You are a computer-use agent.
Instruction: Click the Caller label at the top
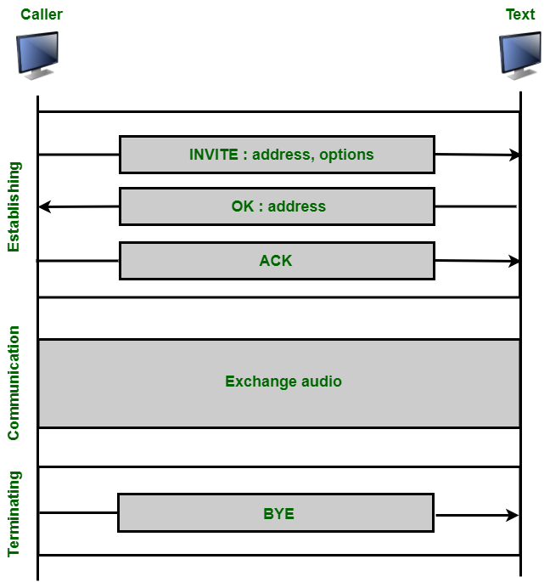[x=42, y=14]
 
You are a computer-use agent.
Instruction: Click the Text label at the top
[x=520, y=14]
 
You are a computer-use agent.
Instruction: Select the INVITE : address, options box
[x=277, y=155]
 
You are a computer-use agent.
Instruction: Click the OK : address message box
[x=277, y=206]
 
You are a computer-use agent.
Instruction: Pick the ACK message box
[x=277, y=261]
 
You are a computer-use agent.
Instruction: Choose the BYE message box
[x=276, y=513]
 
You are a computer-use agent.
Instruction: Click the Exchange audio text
[x=283, y=381]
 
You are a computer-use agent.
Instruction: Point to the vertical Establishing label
[x=14, y=206]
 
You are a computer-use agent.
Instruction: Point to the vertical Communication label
[x=14, y=382]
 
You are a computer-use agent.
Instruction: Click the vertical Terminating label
[x=14, y=513]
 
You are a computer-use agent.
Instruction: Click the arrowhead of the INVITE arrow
[x=514, y=155]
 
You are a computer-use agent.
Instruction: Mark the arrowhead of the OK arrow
[x=44, y=206]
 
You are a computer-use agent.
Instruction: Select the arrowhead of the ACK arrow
[x=514, y=262]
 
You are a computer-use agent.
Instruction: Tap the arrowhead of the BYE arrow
[x=513, y=515]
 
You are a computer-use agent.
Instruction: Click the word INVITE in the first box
[x=214, y=155]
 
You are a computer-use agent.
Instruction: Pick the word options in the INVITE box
[x=346, y=155]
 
